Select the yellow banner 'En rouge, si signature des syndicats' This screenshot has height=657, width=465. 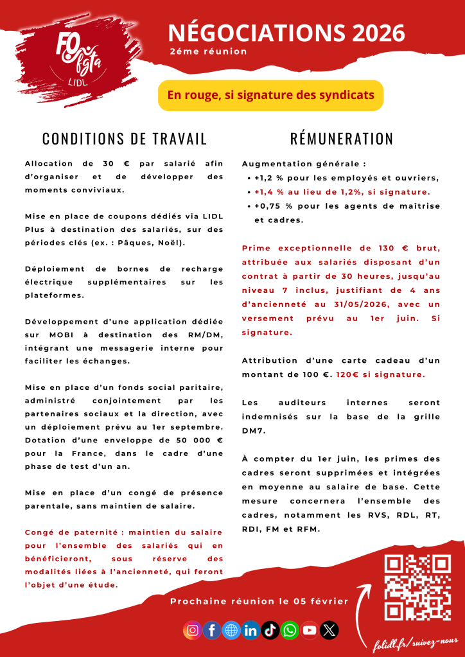(270, 95)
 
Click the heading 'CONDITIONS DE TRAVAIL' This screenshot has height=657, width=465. (125, 139)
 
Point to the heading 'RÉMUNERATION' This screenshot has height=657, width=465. (342, 139)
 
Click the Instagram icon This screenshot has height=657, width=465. (192, 630)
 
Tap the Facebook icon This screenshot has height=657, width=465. (211, 630)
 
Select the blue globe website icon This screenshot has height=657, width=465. (231, 630)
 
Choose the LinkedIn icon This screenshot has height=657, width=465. (250, 630)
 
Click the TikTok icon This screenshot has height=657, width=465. (270, 630)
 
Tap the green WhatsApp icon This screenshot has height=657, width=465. (290, 630)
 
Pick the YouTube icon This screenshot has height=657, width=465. (310, 630)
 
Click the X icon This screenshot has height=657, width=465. (329, 630)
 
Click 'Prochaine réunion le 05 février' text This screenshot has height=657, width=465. (259, 602)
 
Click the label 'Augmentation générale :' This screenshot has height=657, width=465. (304, 164)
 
